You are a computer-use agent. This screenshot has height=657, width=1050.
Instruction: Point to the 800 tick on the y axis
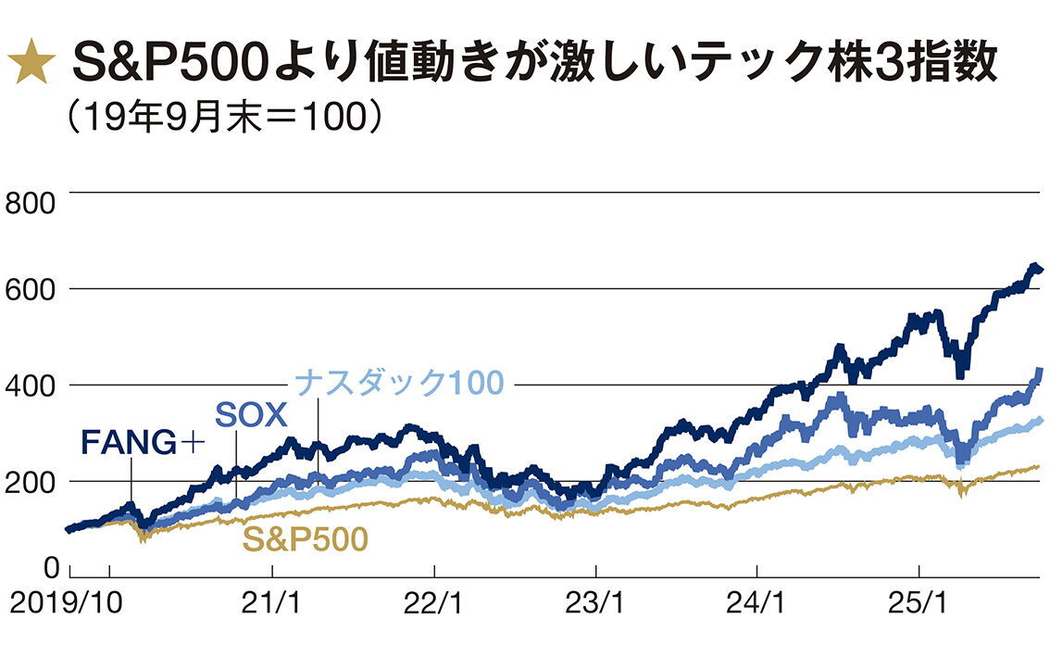click(30, 203)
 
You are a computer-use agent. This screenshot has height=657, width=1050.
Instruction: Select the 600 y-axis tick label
click(30, 289)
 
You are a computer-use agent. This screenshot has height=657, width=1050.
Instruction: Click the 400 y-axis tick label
click(30, 385)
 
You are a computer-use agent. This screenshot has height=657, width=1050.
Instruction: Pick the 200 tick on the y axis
click(30, 481)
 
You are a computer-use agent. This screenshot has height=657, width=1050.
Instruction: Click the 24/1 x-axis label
click(757, 605)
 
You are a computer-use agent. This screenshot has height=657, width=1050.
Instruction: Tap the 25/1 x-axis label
click(919, 605)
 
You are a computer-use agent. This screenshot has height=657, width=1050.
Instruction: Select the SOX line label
click(252, 414)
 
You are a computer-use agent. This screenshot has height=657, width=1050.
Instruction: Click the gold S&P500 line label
click(306, 538)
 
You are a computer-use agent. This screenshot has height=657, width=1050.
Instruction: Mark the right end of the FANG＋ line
click(1040, 270)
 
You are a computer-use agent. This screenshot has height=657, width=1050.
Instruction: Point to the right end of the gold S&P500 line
click(1039, 466)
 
